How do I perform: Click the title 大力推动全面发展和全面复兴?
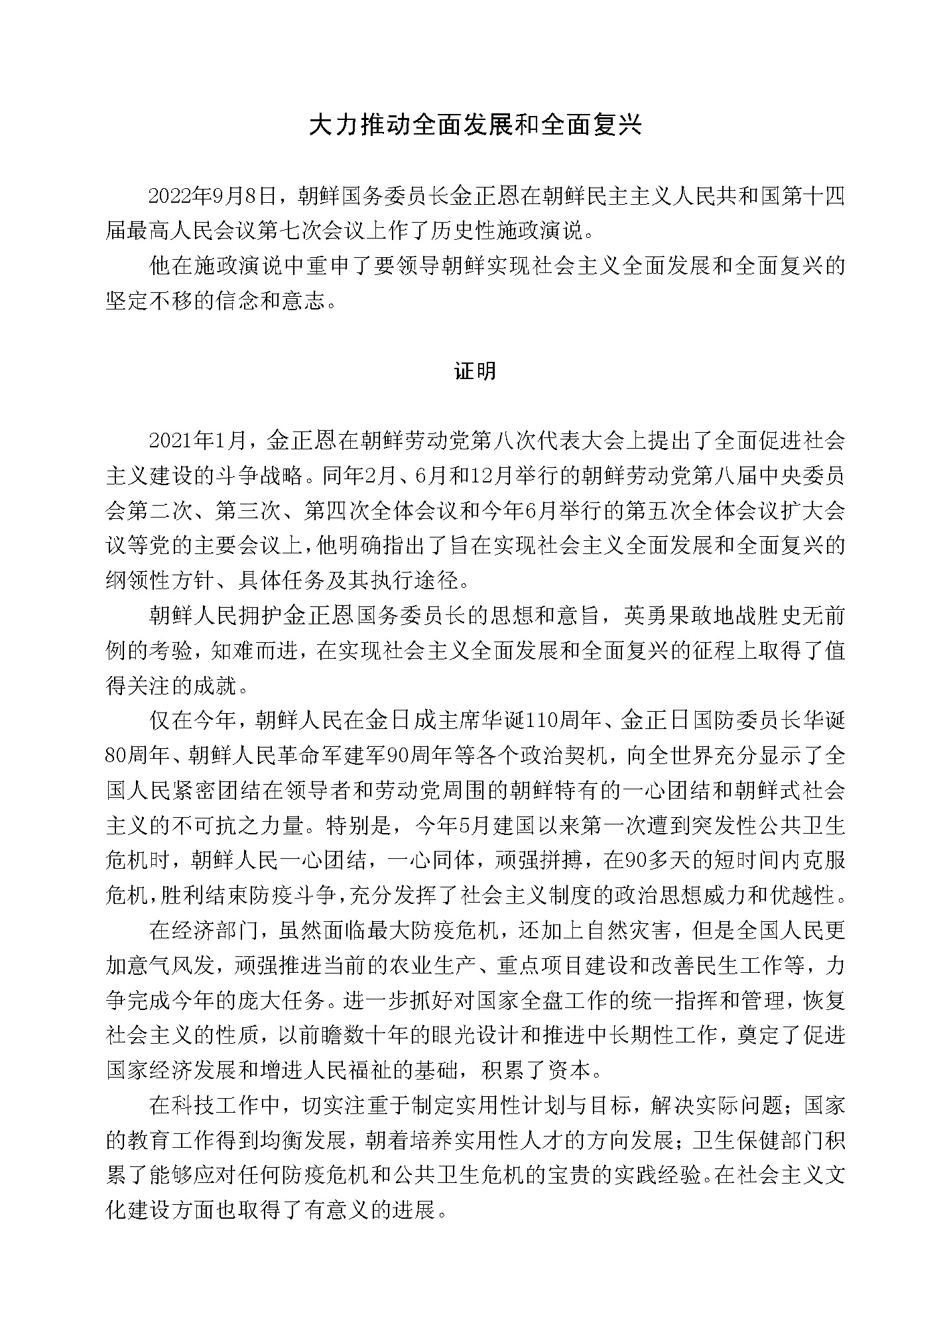[475, 125]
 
